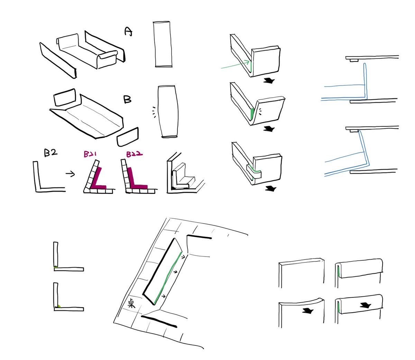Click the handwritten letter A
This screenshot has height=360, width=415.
click(x=128, y=31)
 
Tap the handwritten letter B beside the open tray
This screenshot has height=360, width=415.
click(x=127, y=99)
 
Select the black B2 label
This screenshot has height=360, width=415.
click(x=50, y=153)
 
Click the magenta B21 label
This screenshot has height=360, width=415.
click(x=90, y=154)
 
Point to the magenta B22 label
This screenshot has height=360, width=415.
click(x=134, y=154)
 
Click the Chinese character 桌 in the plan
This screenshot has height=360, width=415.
click(x=131, y=303)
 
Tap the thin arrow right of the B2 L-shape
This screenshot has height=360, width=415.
click(x=70, y=174)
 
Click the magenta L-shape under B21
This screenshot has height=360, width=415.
click(x=98, y=178)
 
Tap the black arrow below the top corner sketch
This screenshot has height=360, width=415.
click(x=269, y=81)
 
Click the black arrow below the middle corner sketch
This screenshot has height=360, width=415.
click(x=269, y=129)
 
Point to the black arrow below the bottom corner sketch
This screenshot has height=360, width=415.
click(x=271, y=189)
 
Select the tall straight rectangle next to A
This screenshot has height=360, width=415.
click(x=162, y=44)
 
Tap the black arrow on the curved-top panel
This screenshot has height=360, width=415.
click(x=308, y=311)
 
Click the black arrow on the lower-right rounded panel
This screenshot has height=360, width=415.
click(x=366, y=306)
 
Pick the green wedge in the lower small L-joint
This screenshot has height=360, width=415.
click(x=59, y=306)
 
